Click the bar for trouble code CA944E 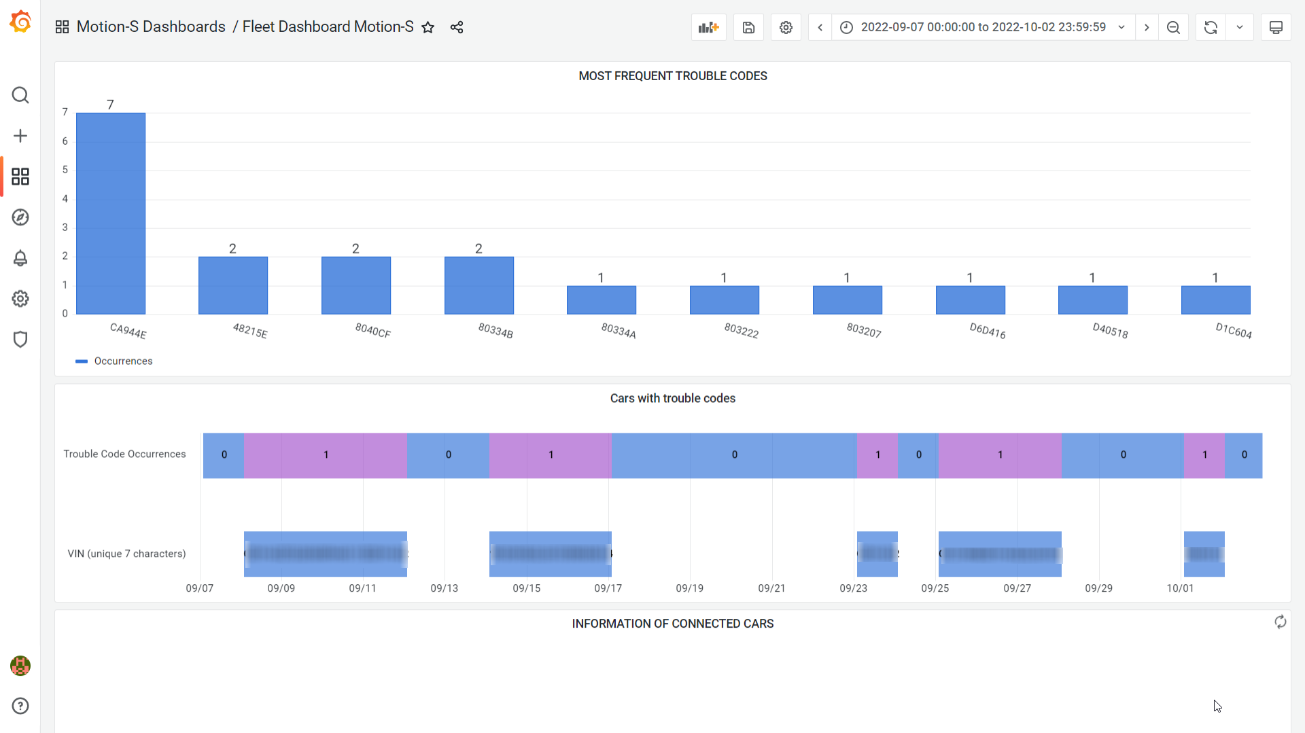[111, 213]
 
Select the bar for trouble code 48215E [233, 285]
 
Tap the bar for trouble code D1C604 [1215, 300]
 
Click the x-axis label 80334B [495, 331]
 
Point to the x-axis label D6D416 [987, 331]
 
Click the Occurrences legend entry [123, 361]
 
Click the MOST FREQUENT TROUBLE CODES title [672, 76]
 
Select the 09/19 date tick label [689, 588]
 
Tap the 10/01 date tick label [1180, 588]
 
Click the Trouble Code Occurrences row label [124, 454]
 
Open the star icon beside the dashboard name [428, 27]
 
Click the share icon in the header [457, 27]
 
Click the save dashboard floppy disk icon [748, 27]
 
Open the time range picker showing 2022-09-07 [982, 27]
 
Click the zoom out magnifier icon [1173, 27]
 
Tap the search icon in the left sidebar [20, 95]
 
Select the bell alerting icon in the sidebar [20, 258]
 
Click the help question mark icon [20, 706]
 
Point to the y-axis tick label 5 [65, 170]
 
